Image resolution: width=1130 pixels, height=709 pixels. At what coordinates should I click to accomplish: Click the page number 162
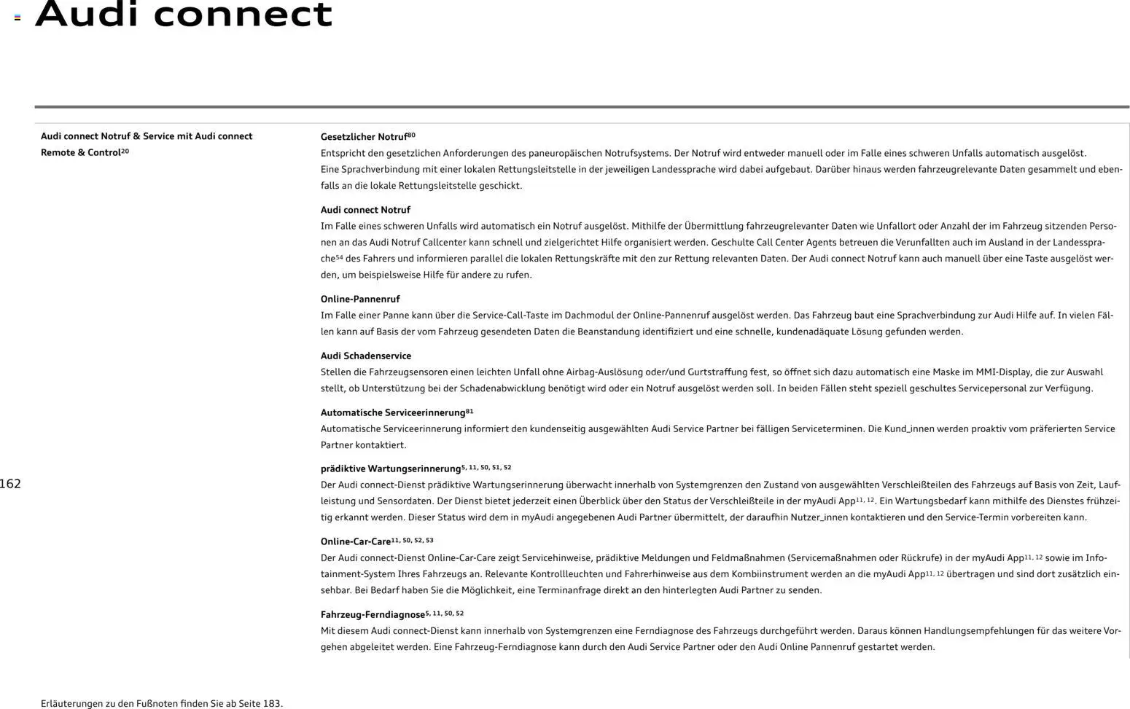click(10, 484)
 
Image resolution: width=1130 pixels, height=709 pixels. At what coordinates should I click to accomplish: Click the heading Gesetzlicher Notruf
click(364, 137)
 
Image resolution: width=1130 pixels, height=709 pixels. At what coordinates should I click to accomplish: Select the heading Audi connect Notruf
click(365, 210)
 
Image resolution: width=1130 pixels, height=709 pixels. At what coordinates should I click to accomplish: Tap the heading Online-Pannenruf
click(360, 299)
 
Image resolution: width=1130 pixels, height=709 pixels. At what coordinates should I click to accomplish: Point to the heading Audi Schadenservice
click(366, 356)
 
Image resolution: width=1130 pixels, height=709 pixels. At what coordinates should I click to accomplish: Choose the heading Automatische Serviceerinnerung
click(392, 412)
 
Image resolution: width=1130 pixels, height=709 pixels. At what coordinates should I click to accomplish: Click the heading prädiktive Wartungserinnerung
click(391, 469)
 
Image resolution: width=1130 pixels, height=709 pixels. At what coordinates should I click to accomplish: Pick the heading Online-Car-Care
click(356, 541)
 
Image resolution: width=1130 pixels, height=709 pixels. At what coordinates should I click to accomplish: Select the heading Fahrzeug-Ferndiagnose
click(373, 614)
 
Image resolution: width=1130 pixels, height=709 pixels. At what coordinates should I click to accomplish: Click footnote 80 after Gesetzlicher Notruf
click(411, 135)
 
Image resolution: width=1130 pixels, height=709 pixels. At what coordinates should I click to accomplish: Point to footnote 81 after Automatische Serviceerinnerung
click(469, 411)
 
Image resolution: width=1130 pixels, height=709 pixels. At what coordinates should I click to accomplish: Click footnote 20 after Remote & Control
click(125, 151)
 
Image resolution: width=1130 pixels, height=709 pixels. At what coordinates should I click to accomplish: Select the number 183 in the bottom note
click(271, 703)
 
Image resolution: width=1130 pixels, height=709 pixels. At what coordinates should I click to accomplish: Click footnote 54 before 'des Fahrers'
click(339, 257)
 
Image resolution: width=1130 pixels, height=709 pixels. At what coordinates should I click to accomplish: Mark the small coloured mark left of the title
click(17, 17)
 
